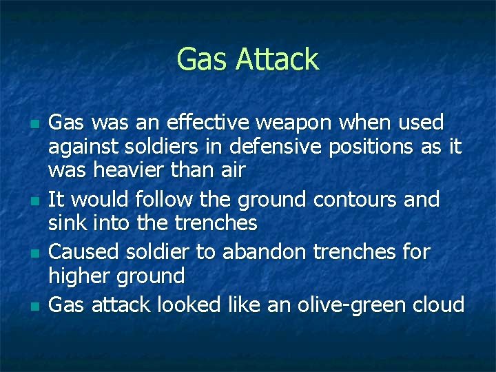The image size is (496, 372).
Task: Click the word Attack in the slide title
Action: (278, 59)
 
